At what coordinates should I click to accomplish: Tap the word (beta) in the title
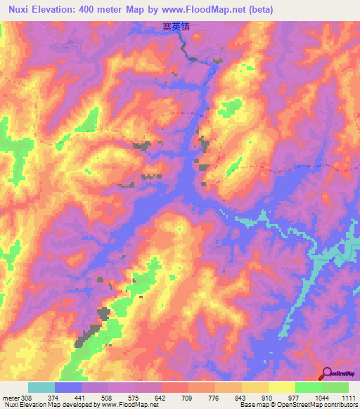(259, 10)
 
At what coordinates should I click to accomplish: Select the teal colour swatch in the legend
(41, 387)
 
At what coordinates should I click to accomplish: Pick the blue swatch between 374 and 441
(68, 387)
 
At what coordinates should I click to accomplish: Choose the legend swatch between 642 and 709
(175, 387)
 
